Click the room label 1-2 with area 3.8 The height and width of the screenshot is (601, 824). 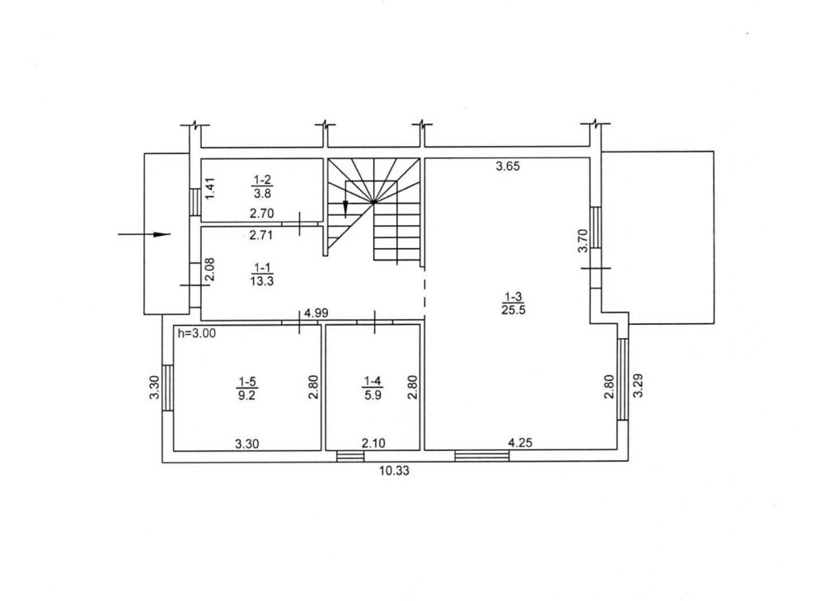click(262, 186)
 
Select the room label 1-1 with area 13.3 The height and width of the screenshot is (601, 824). click(262, 275)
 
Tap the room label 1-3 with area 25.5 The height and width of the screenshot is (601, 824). click(513, 303)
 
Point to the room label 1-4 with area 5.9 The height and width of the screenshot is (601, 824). click(372, 388)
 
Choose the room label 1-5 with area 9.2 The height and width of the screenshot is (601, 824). click(246, 388)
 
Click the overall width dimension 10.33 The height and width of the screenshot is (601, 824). click(394, 471)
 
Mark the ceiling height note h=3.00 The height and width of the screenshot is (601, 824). click(197, 333)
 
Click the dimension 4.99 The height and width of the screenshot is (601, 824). click(316, 312)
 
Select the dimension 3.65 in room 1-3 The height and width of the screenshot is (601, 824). click(508, 167)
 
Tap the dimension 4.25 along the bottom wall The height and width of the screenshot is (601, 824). click(520, 443)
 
